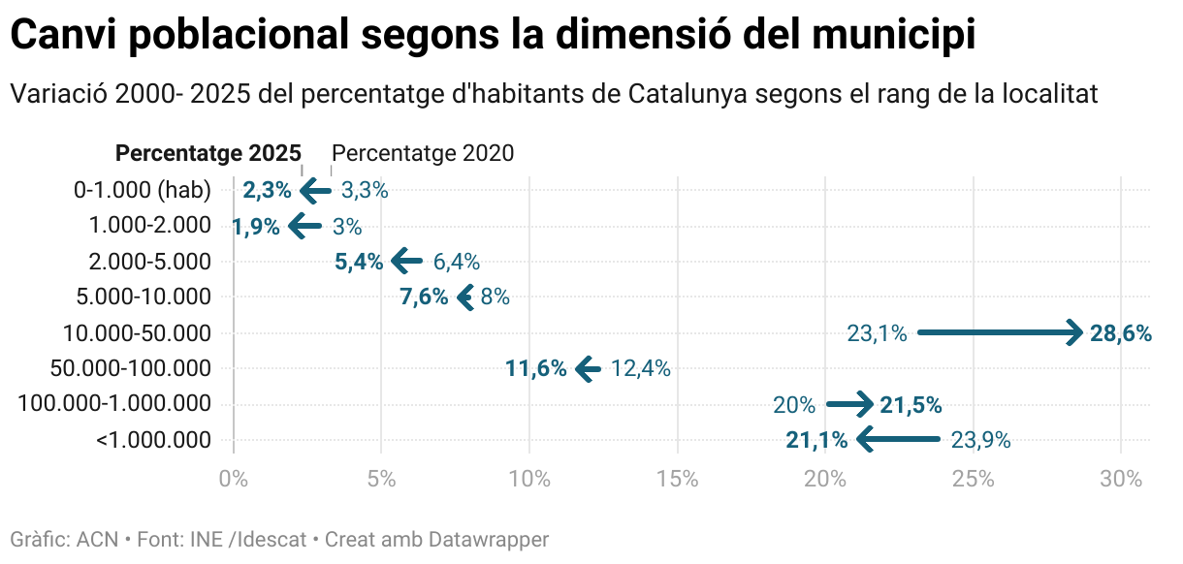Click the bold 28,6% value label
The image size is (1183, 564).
1121,334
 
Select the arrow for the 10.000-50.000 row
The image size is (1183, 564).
1000,332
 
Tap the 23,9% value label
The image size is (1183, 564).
980,441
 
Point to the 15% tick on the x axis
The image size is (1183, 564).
677,478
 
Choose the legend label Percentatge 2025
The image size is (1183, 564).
208,153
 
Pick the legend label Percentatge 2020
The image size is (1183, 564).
423,153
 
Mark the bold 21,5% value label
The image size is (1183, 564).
911,405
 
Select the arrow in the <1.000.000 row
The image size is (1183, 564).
898,441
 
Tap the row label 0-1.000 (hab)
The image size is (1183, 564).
143,190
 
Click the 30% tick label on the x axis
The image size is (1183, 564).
1121,478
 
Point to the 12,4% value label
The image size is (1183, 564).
640,368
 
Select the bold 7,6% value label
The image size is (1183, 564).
424,298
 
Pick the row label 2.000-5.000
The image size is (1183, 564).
149,262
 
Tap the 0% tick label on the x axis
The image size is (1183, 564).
233,478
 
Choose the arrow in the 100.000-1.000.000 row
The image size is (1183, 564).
850,404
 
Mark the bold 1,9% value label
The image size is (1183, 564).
256,228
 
